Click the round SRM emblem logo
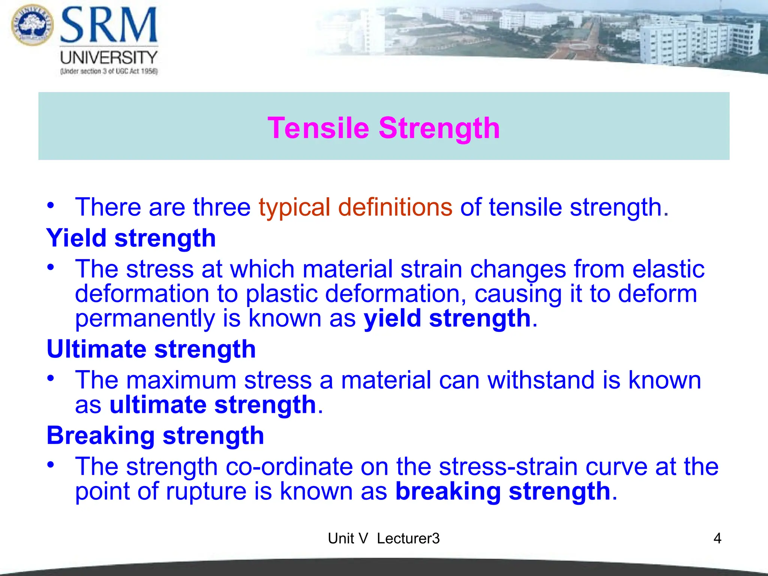pyautogui.click(x=32, y=25)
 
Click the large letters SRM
pyautogui.click(x=109, y=25)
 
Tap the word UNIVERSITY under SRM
pyautogui.click(x=109, y=58)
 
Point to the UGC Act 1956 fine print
pyautogui.click(x=109, y=71)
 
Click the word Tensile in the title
pyautogui.click(x=318, y=128)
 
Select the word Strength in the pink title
pyautogui.click(x=439, y=128)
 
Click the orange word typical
pyautogui.click(x=294, y=207)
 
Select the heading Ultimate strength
pyautogui.click(x=151, y=349)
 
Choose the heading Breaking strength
pyautogui.click(x=155, y=435)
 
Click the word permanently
pyautogui.click(x=145, y=319)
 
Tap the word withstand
pyautogui.click(x=540, y=380)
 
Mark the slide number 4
pyautogui.click(x=717, y=538)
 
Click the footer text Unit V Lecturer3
pyautogui.click(x=384, y=538)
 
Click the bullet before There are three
pyautogui.click(x=51, y=205)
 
